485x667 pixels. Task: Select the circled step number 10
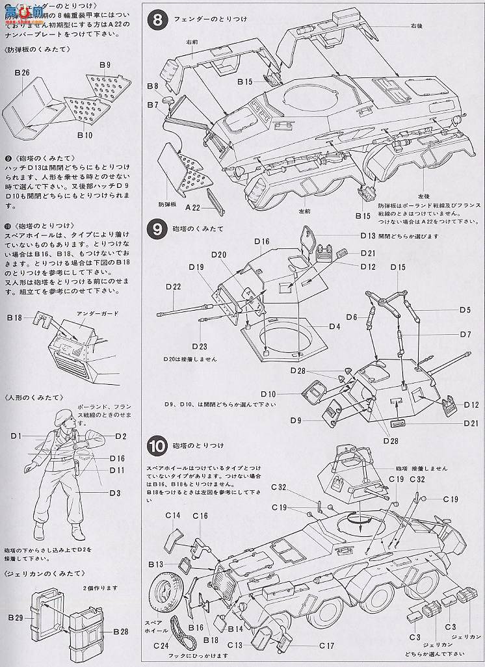click(x=158, y=446)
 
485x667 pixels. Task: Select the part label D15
click(x=398, y=267)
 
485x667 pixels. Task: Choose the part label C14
click(x=172, y=516)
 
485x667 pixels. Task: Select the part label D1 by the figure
click(x=16, y=435)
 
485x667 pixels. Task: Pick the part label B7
click(x=152, y=104)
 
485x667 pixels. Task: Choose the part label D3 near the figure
click(x=114, y=493)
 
